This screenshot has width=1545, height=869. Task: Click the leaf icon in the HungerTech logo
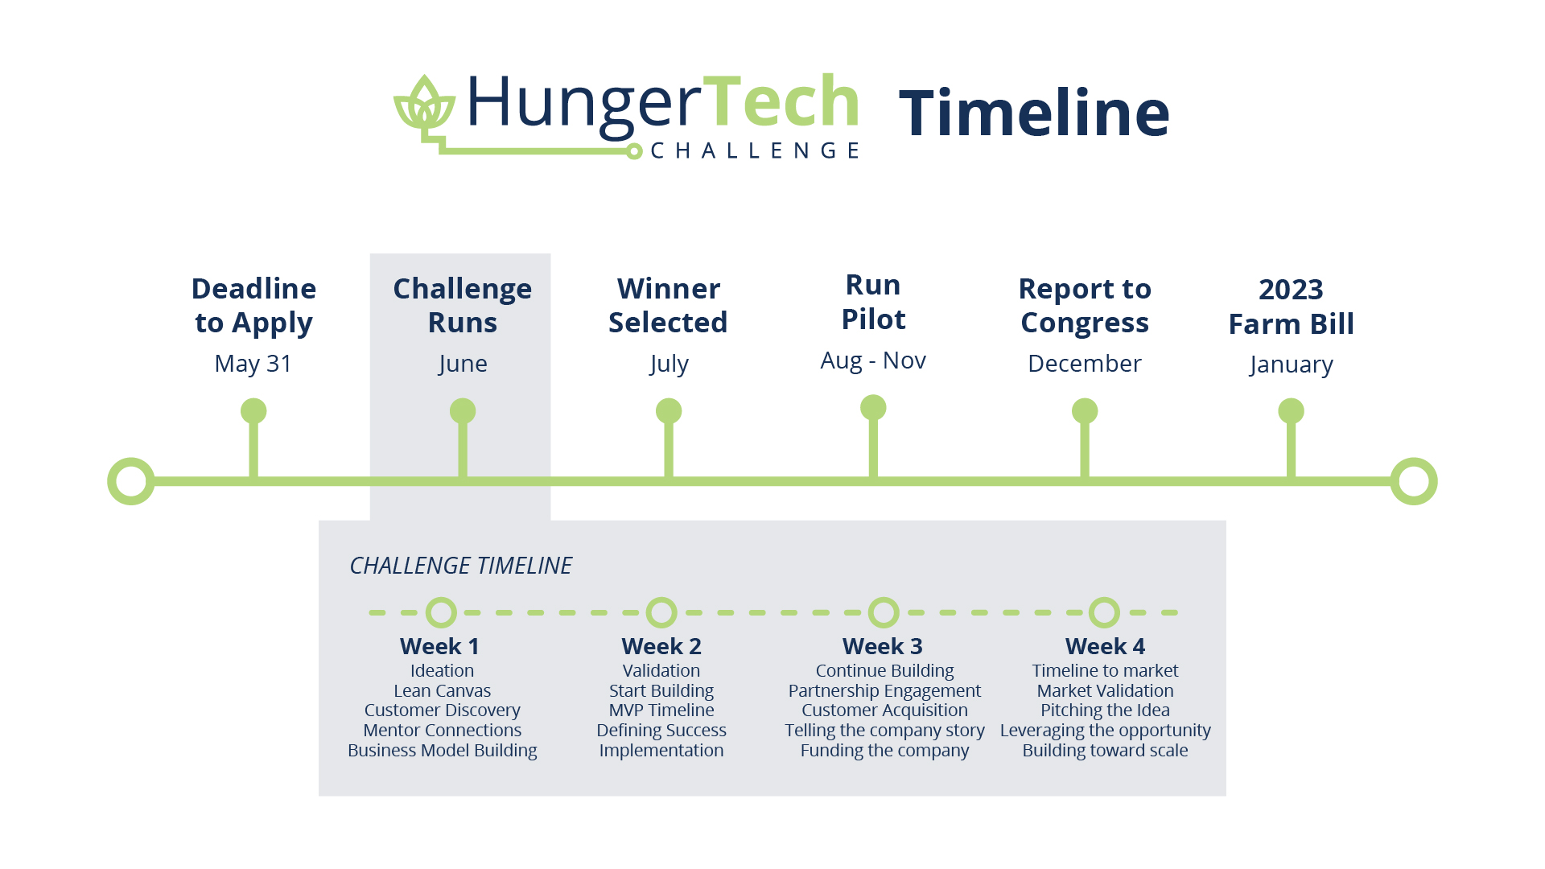(424, 102)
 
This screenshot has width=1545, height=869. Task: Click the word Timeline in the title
(1034, 113)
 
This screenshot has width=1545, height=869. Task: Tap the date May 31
(253, 364)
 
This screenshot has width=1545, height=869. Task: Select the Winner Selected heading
(668, 306)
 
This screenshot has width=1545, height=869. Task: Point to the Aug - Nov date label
(873, 360)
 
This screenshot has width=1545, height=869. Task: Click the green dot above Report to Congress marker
(1085, 411)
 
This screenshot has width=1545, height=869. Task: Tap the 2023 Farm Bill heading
(1292, 307)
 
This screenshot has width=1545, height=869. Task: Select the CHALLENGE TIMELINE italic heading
(460, 566)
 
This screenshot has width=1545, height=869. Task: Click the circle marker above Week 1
(441, 612)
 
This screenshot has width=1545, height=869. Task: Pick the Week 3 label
(883, 646)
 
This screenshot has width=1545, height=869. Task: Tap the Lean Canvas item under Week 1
(442, 690)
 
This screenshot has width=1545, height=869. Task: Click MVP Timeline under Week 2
(661, 710)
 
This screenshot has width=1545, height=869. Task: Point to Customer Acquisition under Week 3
(884, 710)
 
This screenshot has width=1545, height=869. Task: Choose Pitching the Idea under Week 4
(1105, 710)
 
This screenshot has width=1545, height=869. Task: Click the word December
(1085, 364)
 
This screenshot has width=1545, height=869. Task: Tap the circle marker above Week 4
(1104, 612)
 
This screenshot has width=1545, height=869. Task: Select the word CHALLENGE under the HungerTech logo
(755, 150)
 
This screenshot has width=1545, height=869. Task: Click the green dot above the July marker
(669, 411)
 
